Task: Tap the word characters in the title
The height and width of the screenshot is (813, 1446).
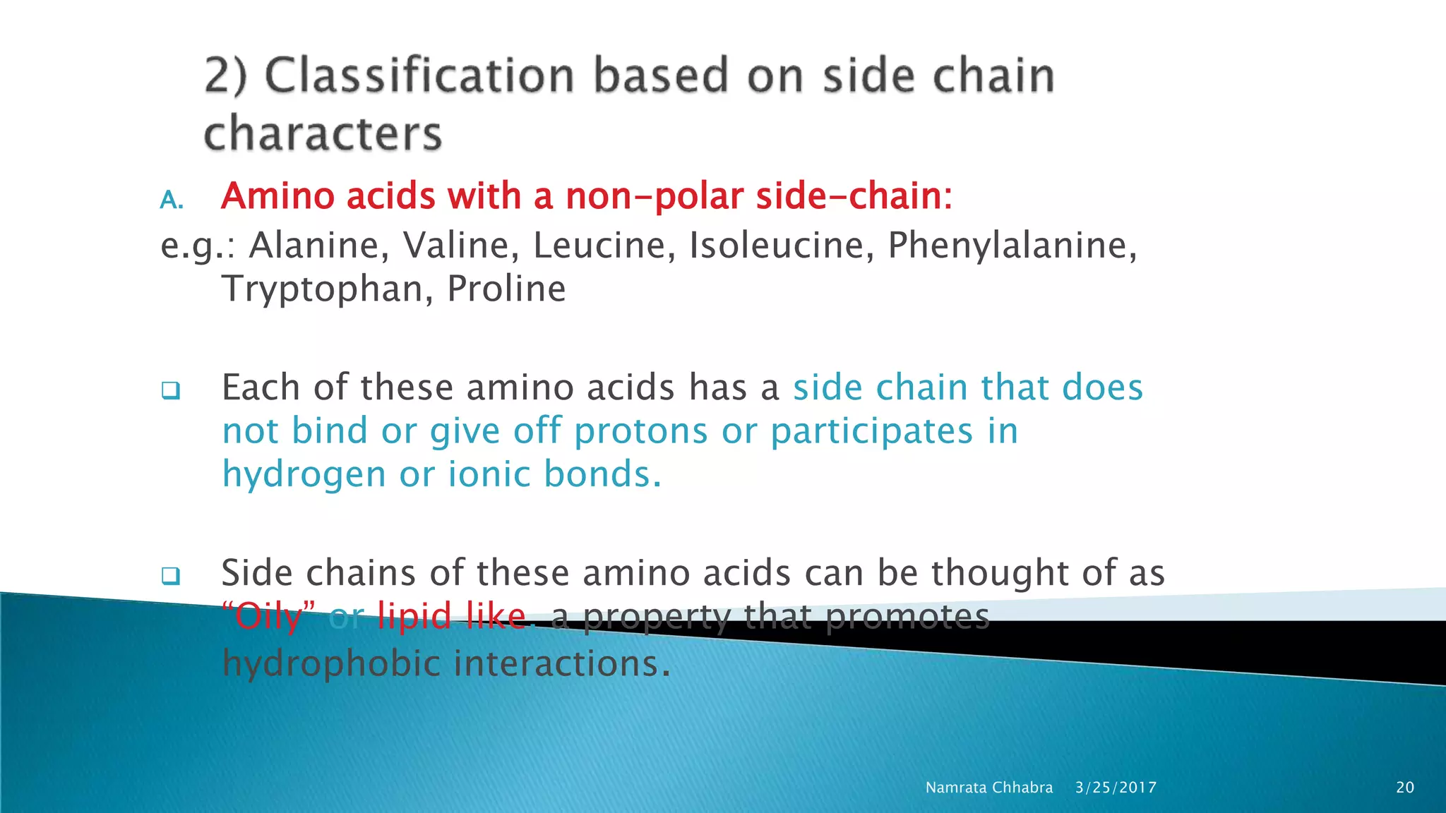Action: (323, 133)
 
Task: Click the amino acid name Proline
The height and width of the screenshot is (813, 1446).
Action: (506, 289)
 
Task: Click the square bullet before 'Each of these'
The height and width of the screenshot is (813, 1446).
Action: (170, 390)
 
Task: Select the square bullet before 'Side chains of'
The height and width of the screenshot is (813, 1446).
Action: (170, 576)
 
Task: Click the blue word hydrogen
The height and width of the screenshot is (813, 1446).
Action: (304, 475)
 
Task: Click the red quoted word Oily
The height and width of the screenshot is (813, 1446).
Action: (268, 617)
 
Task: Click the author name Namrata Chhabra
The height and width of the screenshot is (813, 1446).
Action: (988, 788)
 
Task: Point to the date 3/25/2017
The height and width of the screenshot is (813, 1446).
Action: (1116, 788)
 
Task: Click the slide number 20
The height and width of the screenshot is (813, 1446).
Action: (1405, 788)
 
